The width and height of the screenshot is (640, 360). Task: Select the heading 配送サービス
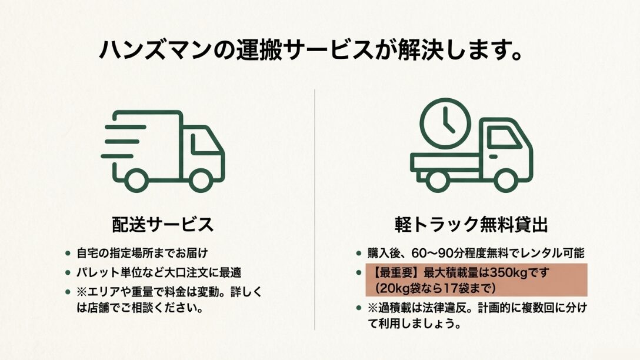(163, 225)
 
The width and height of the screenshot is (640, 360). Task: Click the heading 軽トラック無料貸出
(471, 225)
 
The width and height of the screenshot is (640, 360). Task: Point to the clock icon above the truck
(445, 124)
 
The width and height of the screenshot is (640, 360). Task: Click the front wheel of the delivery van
(201, 180)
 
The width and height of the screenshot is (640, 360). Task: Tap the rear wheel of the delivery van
(136, 180)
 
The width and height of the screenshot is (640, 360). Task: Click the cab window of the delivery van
(205, 144)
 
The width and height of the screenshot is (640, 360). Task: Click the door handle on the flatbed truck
(493, 156)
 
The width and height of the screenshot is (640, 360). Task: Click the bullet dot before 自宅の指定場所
(68, 254)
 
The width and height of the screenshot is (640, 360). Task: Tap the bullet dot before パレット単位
(68, 273)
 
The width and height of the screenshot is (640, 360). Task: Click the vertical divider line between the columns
(315, 209)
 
